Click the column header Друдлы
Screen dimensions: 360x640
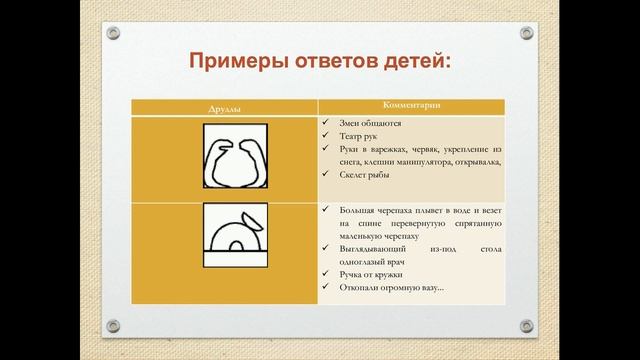pyautogui.click(x=225, y=107)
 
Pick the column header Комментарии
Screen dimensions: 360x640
pyautogui.click(x=411, y=106)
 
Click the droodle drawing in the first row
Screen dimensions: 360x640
pyautogui.click(x=237, y=157)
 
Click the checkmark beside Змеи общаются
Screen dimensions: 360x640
pyautogui.click(x=327, y=123)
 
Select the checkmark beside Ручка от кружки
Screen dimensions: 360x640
pyautogui.click(x=327, y=273)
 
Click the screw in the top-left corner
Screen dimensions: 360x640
pyautogui.click(x=113, y=33)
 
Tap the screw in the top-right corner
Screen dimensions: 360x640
pyautogui.click(x=527, y=33)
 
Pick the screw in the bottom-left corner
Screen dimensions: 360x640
pyautogui.click(x=113, y=326)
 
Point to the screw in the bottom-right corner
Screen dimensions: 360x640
pyautogui.click(x=527, y=326)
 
